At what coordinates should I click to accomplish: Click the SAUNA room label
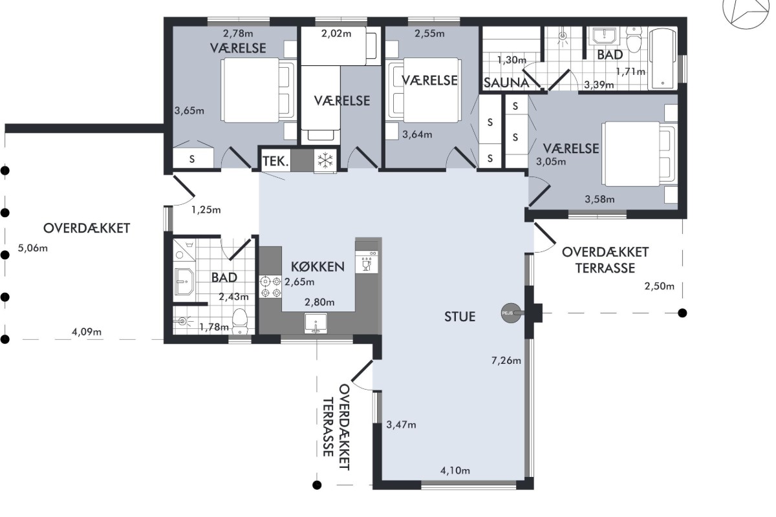click(x=506, y=83)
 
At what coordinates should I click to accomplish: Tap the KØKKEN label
click(x=318, y=267)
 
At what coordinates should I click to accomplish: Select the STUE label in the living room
click(x=460, y=317)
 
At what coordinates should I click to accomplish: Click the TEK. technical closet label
click(x=275, y=161)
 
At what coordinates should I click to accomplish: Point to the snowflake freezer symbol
click(x=325, y=160)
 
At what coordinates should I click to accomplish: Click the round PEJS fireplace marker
click(x=511, y=313)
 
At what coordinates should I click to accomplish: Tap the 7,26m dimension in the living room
click(x=506, y=361)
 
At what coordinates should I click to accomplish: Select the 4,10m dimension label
click(x=455, y=470)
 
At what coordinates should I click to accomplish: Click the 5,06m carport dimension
click(x=32, y=248)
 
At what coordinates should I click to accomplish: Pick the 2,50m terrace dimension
click(x=659, y=286)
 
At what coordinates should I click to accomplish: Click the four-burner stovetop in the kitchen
click(x=270, y=287)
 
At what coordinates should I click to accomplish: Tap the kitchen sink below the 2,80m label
click(x=316, y=323)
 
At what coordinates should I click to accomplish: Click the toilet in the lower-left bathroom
click(x=239, y=321)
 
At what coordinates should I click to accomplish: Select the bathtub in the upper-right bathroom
click(x=662, y=59)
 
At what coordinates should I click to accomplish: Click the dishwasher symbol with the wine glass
click(x=367, y=262)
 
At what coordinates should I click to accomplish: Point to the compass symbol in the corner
click(x=748, y=10)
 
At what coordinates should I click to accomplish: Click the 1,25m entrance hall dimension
click(x=206, y=210)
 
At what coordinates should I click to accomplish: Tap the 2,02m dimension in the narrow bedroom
click(x=336, y=33)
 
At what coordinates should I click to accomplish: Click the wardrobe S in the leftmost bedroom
click(x=192, y=159)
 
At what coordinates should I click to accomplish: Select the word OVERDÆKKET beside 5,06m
click(x=87, y=228)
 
